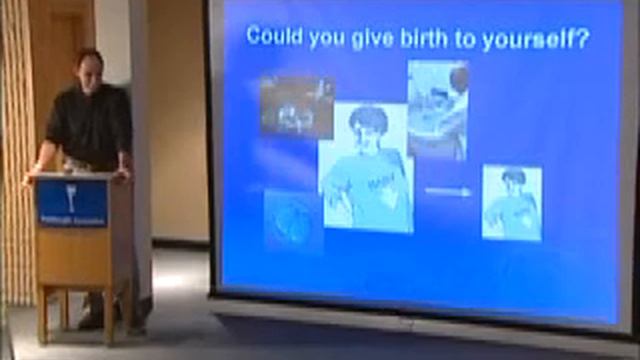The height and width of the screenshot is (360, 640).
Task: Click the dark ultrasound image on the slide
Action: coord(296,107)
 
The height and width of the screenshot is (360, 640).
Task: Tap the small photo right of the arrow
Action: coord(511,202)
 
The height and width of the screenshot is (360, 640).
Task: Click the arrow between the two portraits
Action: coord(446,191)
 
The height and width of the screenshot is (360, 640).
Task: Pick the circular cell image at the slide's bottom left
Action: coord(292,218)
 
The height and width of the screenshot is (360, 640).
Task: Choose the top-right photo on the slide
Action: coord(437,109)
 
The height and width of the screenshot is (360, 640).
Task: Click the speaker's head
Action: coord(89,69)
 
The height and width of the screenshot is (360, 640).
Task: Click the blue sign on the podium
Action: coord(72,201)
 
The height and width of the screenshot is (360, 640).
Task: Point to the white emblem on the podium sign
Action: coord(72,193)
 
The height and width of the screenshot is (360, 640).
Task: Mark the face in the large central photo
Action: coord(368,127)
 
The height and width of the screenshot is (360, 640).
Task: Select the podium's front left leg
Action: coord(43,312)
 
